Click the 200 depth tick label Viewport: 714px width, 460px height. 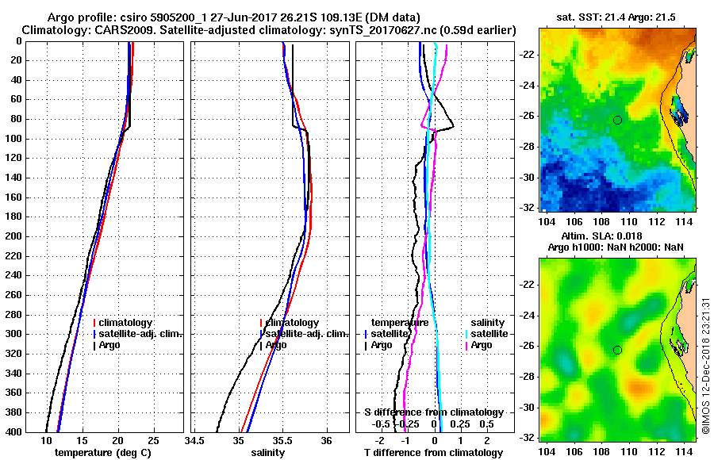click(x=13, y=236)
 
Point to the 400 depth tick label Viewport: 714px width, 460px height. click(x=13, y=431)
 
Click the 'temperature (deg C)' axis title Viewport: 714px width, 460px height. click(x=104, y=452)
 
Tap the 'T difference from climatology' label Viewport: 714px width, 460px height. click(x=434, y=452)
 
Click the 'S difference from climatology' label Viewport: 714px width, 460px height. click(x=433, y=412)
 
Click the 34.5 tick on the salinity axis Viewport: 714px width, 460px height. click(x=195, y=440)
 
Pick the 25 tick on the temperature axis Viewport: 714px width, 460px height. click(x=153, y=440)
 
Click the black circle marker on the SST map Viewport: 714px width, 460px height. click(x=618, y=120)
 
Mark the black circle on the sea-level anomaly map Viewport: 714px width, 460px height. click(x=618, y=350)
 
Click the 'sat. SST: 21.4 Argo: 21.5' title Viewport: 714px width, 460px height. click(x=617, y=17)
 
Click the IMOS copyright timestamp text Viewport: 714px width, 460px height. click(x=705, y=367)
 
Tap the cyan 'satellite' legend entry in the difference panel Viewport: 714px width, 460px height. click(x=486, y=334)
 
